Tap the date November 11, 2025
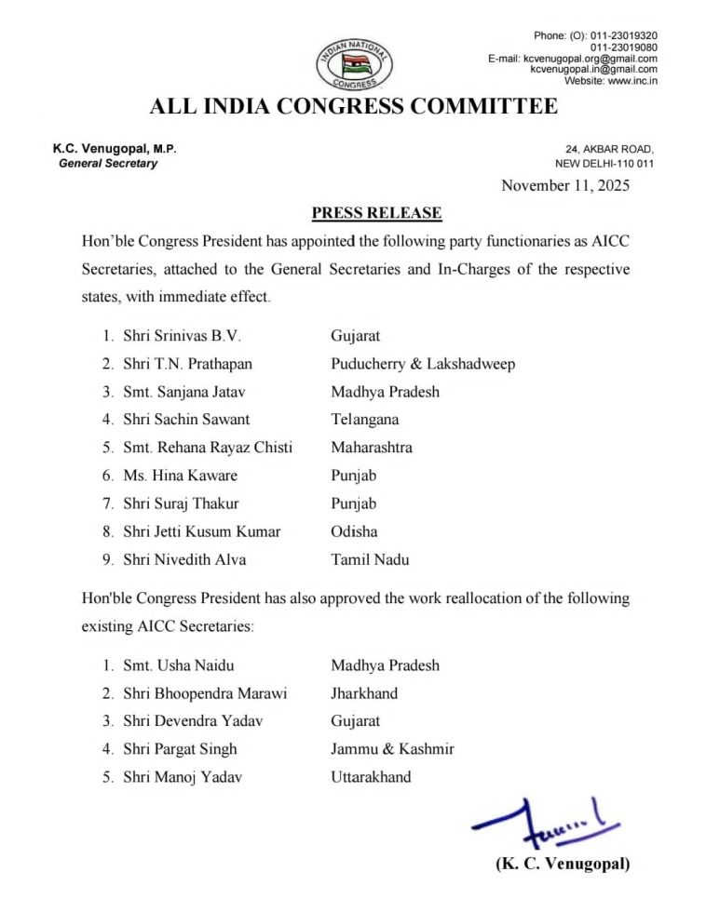click(x=565, y=185)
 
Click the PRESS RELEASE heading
click(x=376, y=213)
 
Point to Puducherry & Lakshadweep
click(x=423, y=364)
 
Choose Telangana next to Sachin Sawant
click(x=365, y=420)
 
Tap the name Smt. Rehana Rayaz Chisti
click(x=208, y=448)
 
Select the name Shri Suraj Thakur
click(x=181, y=503)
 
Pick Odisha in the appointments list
click(x=354, y=531)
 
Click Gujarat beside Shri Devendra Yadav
click(x=356, y=721)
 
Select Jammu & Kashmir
click(x=392, y=749)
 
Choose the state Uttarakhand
click(x=371, y=777)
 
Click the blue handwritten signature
click(x=544, y=820)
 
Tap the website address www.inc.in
click(x=632, y=81)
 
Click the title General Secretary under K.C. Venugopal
click(x=108, y=164)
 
